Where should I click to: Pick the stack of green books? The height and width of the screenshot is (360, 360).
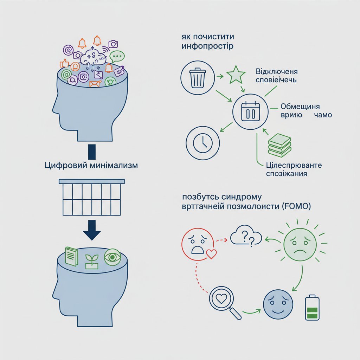pyautogui.click(x=279, y=145)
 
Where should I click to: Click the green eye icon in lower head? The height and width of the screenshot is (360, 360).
pyautogui.click(x=112, y=257)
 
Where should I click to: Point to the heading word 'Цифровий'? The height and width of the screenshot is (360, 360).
pyautogui.click(x=64, y=166)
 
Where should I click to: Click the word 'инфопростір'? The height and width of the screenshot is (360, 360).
pyautogui.click(x=207, y=46)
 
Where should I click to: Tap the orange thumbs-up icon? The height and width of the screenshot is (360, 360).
pyautogui.click(x=64, y=63)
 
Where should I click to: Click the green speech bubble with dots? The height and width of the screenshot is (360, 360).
pyautogui.click(x=117, y=56)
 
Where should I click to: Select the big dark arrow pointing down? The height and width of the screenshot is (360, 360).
pyautogui.click(x=91, y=230)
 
